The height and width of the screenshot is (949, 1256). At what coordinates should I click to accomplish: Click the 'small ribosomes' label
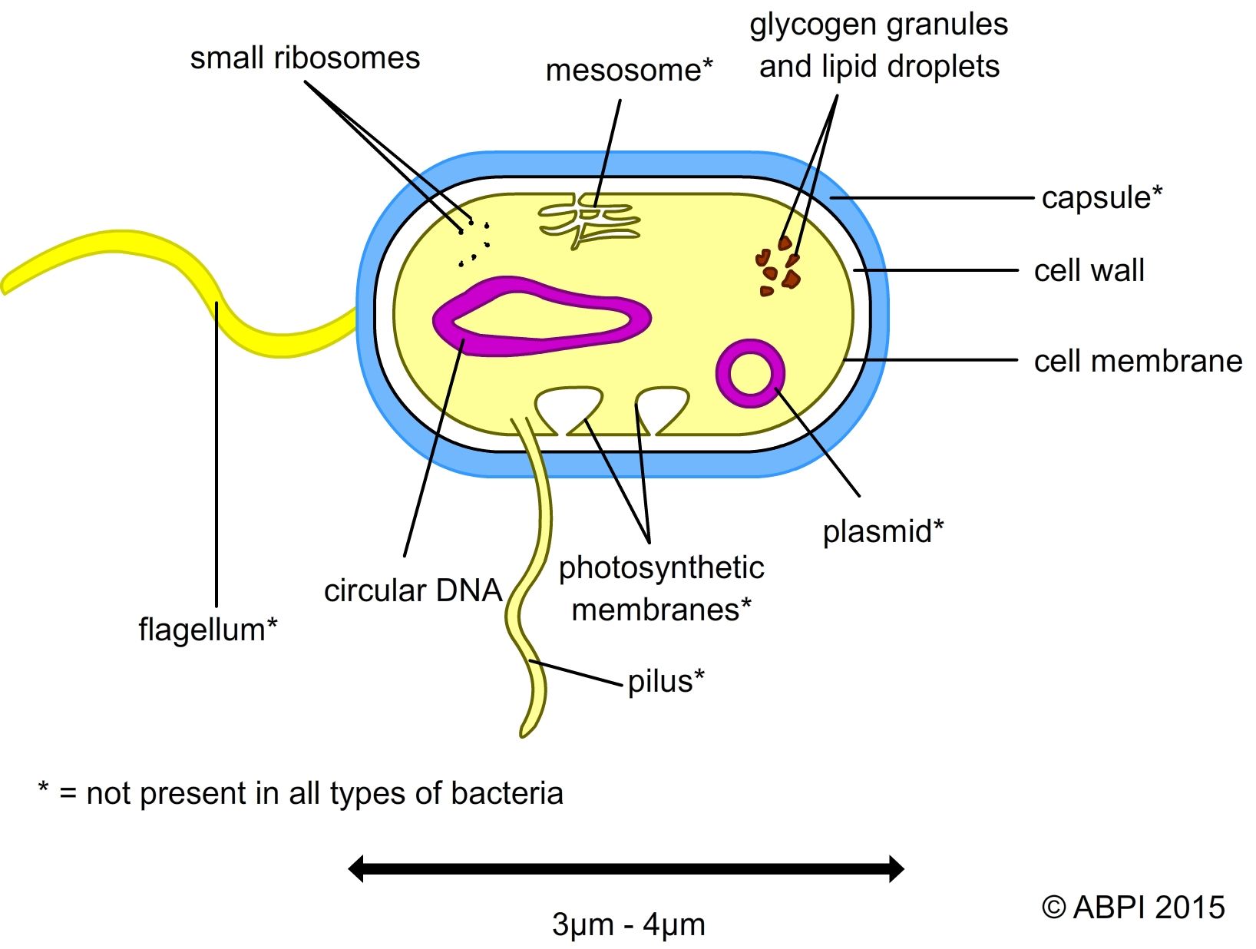pos(305,58)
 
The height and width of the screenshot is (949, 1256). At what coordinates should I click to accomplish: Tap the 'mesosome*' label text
pos(629,71)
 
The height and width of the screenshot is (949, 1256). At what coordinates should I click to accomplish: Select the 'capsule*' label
pos(1101,198)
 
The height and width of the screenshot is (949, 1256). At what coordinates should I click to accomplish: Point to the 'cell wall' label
pos(1089,271)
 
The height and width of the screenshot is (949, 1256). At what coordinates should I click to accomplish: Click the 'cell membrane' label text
pos(1137,361)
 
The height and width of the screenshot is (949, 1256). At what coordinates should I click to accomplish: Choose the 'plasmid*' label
pos(883,531)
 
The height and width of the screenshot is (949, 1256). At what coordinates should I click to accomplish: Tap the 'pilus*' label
pos(666,681)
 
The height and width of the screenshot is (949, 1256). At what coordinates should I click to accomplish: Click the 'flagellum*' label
pos(207,630)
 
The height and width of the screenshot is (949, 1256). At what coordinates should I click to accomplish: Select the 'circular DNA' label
pos(412,590)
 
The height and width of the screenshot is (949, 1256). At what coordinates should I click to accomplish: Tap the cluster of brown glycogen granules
pos(777,269)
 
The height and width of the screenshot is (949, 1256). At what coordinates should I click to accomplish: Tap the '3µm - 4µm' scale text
pos(628,924)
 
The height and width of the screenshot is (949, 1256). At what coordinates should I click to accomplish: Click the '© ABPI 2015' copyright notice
pos(1133,908)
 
